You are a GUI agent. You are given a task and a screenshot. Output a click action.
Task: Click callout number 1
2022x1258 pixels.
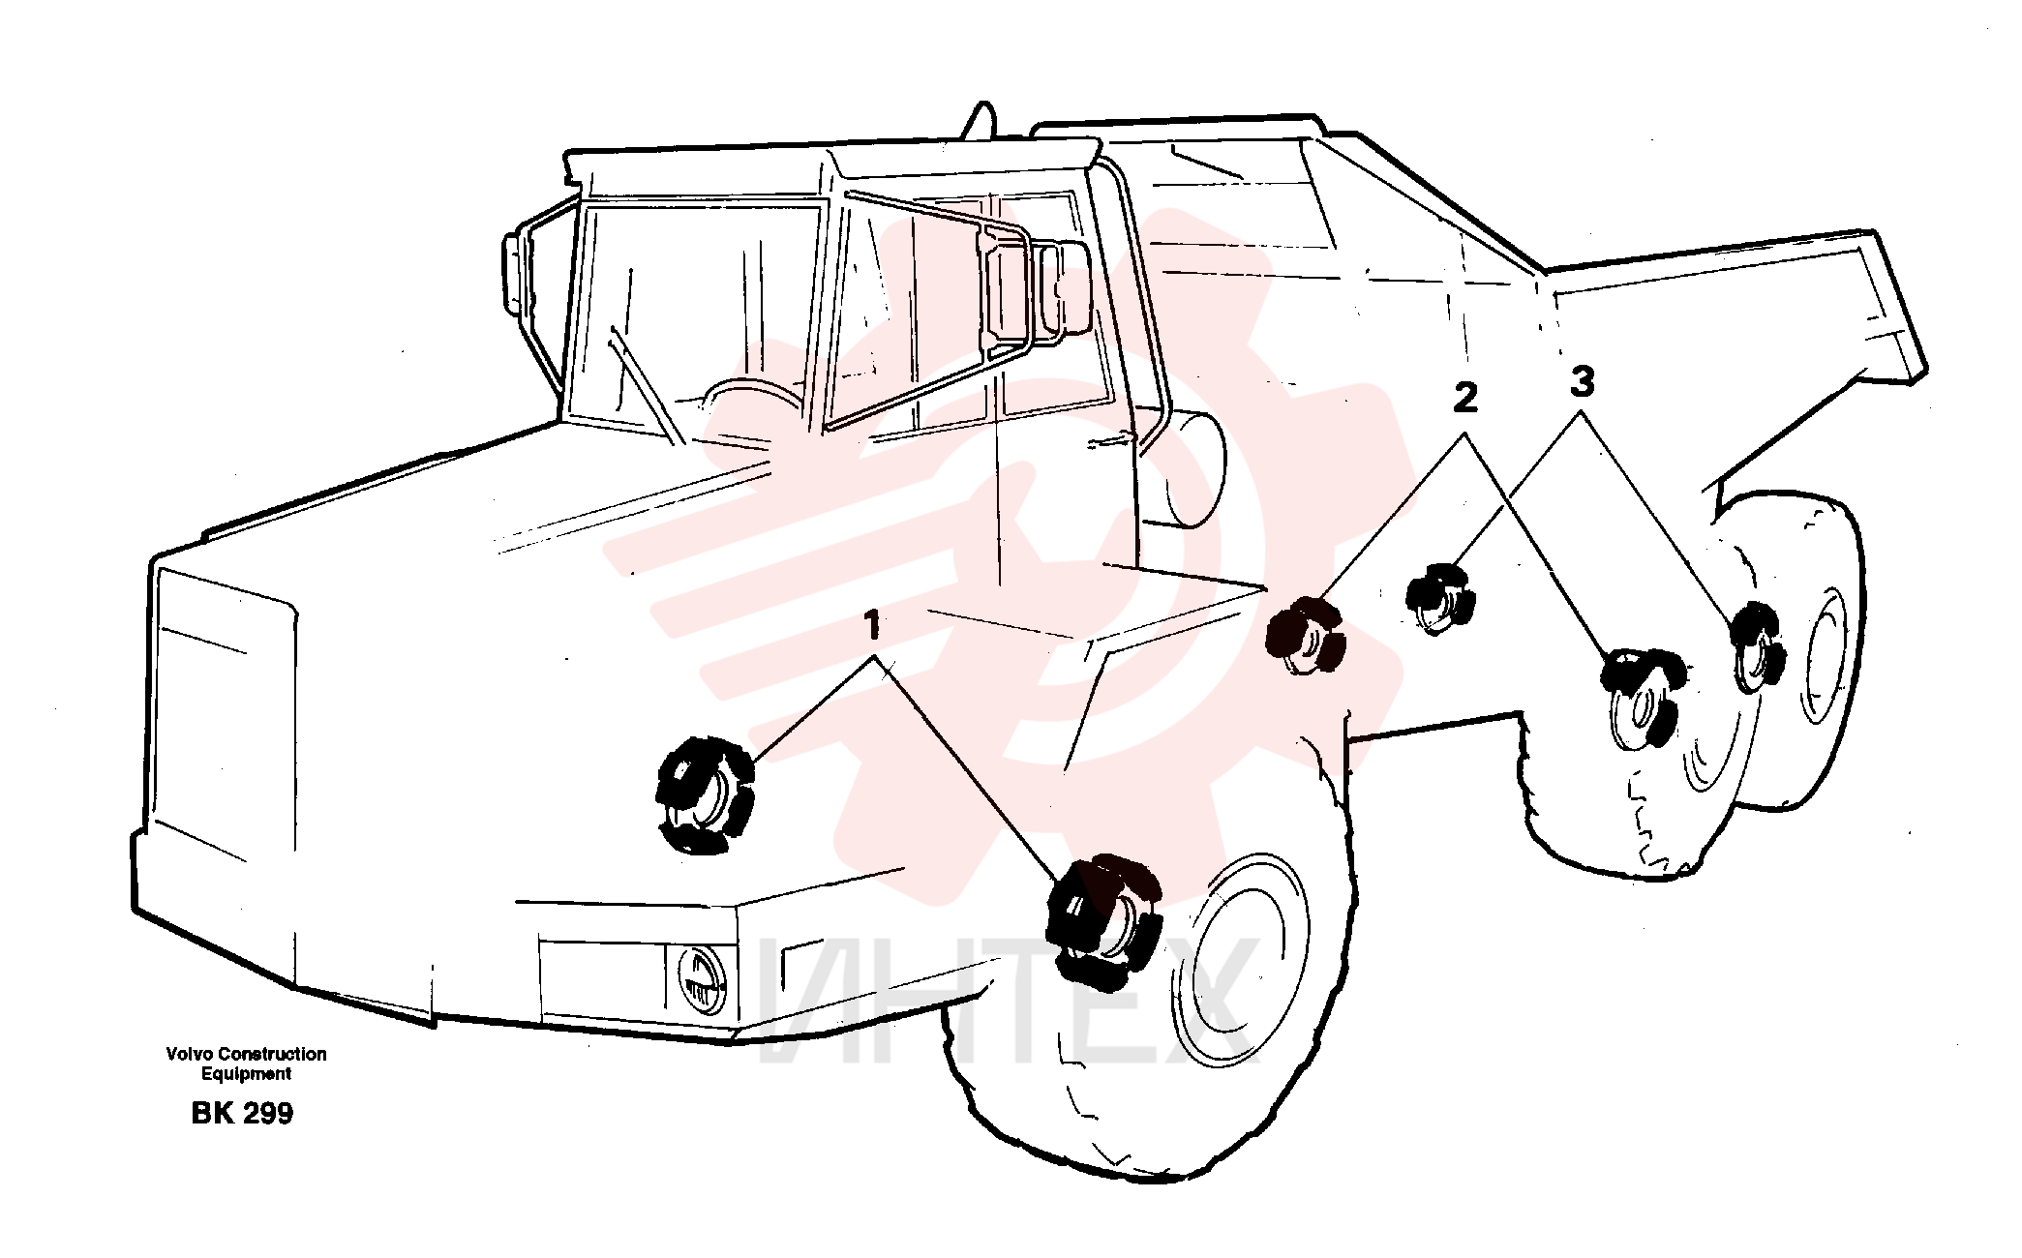[x=873, y=625]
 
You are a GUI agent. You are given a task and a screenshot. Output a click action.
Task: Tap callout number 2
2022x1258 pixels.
[x=1465, y=398]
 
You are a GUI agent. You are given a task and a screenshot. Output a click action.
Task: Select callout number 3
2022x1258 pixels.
[x=1582, y=381]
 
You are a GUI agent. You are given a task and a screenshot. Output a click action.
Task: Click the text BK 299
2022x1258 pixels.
[x=242, y=1114]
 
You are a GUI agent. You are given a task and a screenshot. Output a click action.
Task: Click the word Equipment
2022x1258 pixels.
[x=246, y=1074]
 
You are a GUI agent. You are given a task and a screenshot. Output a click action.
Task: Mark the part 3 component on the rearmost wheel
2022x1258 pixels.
[x=1757, y=647]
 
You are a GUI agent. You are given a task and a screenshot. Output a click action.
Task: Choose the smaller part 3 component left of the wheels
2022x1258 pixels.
[x=1440, y=599]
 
